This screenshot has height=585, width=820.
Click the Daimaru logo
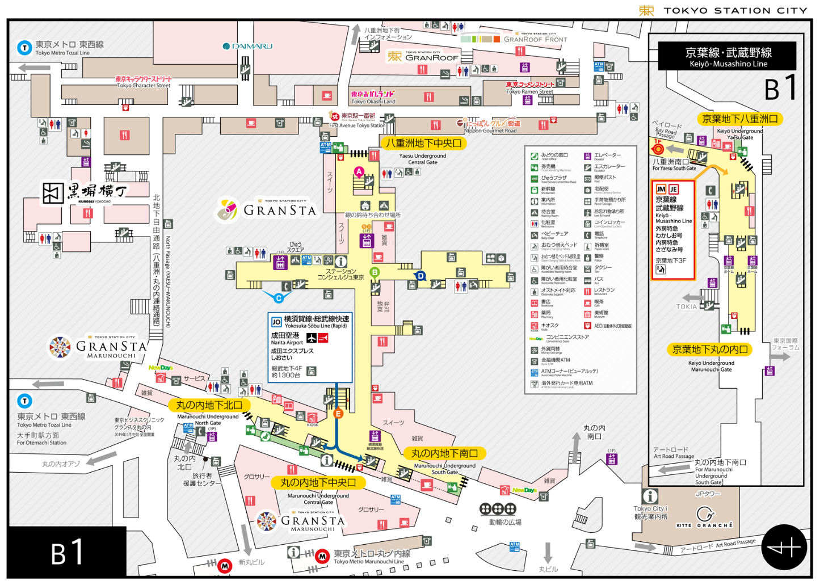coord(247,46)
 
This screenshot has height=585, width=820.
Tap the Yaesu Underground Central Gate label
coord(423,144)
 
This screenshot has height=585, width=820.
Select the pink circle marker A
coord(359,171)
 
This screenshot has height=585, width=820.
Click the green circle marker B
coord(375,272)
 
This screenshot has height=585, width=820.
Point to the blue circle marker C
coord(279,298)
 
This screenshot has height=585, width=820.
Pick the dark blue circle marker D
coord(420,276)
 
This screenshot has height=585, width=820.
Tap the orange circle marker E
coord(338,414)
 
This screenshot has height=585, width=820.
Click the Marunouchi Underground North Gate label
coord(209,405)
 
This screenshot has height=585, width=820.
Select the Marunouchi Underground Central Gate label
coord(318,482)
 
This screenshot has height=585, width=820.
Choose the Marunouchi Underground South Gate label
coord(444,453)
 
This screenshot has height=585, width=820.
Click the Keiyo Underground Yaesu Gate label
coord(739,119)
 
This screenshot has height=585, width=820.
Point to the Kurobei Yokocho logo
coord(85,193)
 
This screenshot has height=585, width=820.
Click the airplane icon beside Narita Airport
coord(312,338)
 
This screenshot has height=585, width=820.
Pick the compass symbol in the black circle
coord(784,548)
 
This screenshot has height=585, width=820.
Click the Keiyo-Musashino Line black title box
coord(728,56)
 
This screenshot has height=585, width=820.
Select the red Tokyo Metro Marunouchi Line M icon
coord(322,556)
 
